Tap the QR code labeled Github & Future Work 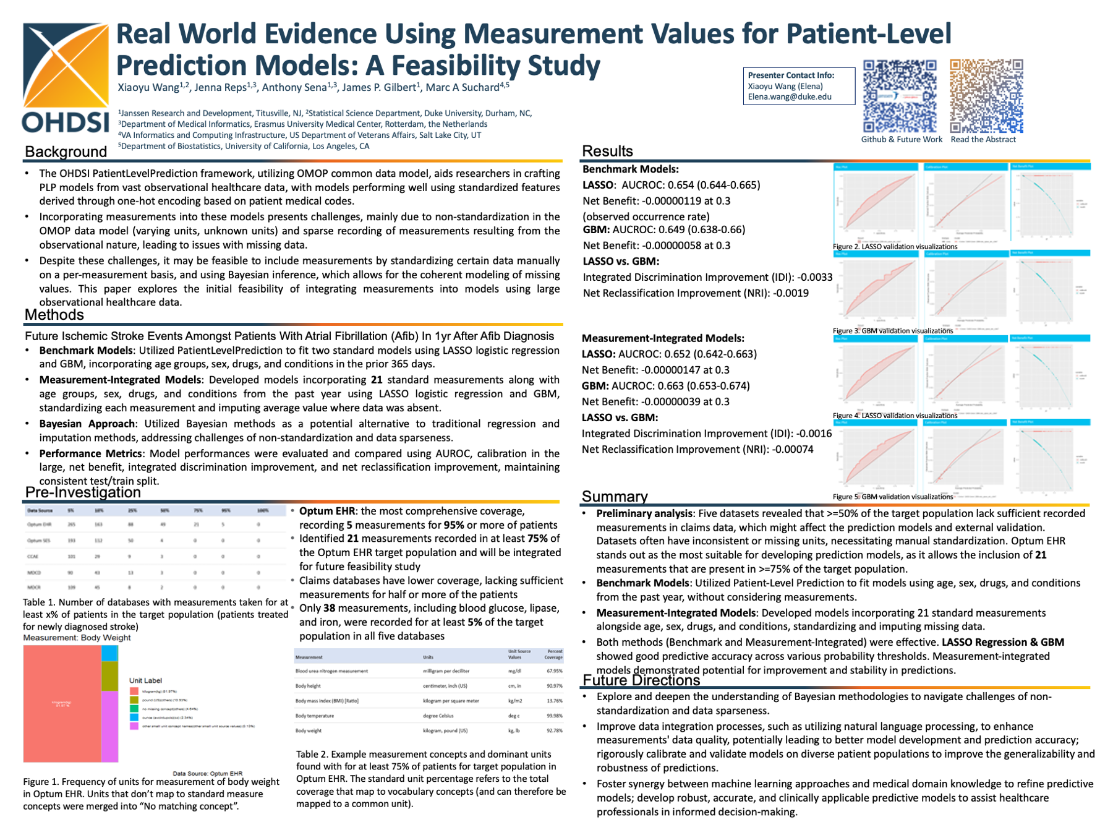(900, 96)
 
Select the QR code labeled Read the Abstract (986, 96)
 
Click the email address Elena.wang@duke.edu (790, 97)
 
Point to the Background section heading (66, 152)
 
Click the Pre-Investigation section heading (83, 492)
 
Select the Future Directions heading (641, 680)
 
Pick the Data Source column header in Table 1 (40, 511)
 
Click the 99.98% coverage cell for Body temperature (555, 716)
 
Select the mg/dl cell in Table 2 (514, 671)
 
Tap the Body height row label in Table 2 (308, 686)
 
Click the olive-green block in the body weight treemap (109, 676)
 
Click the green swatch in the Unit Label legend (134, 709)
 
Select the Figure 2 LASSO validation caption (895, 247)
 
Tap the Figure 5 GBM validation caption (893, 497)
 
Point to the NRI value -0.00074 (793, 450)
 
